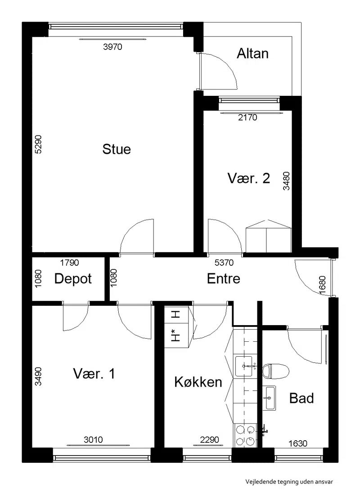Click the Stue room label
[117, 149]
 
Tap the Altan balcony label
[252, 54]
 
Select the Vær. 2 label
[249, 179]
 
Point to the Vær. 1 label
[94, 374]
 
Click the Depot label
[73, 279]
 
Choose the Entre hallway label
[224, 279]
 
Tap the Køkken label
[198, 382]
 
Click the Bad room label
[301, 398]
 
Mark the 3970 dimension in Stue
[112, 47]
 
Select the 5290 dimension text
[38, 144]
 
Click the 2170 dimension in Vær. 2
[247, 118]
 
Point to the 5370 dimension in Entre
[224, 263]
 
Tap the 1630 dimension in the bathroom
[298, 443]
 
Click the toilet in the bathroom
[276, 371]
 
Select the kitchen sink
[244, 366]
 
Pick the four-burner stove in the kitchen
[245, 436]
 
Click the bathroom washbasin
[269, 398]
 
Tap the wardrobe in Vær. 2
[269, 236]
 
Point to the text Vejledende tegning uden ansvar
[289, 482]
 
